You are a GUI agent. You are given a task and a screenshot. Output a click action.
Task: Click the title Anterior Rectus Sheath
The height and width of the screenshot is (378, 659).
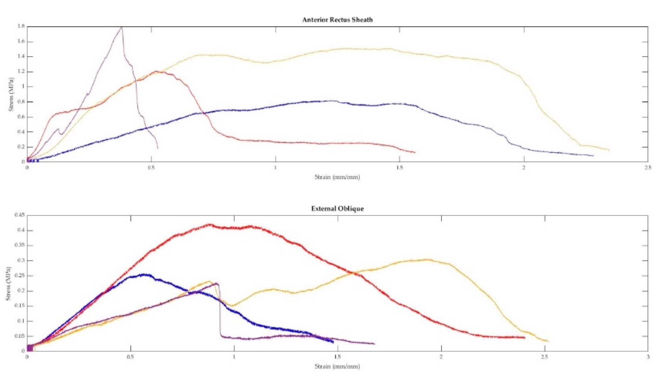click(337, 20)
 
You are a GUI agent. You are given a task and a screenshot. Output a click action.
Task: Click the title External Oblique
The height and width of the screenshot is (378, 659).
click(337, 209)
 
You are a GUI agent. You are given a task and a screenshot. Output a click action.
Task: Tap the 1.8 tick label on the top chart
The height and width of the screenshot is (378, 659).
click(21, 26)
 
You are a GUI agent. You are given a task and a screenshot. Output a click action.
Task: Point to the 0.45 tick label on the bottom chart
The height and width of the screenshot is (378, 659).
click(20, 215)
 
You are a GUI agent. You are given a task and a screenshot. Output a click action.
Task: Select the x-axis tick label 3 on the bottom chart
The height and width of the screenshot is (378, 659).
click(648, 357)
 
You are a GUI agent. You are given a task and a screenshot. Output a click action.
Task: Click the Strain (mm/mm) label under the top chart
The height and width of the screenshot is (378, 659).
click(337, 177)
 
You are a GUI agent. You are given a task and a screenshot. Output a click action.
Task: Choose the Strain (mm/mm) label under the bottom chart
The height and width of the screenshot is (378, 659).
click(337, 367)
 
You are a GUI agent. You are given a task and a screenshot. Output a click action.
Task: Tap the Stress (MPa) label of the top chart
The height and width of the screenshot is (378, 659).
click(11, 94)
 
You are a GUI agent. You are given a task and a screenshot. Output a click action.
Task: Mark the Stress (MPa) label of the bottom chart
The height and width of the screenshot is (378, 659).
click(8, 283)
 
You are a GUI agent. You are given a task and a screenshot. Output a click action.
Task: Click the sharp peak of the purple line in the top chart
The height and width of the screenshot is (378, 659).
click(122, 27)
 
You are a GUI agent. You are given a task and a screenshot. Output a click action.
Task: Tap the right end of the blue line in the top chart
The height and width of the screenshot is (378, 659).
click(593, 156)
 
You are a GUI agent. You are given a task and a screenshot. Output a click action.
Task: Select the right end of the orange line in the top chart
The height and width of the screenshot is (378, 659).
click(609, 150)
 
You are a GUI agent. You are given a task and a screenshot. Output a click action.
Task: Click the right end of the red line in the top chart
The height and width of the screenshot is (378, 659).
click(415, 152)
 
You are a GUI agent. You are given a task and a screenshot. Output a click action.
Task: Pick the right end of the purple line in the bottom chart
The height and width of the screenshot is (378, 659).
click(374, 344)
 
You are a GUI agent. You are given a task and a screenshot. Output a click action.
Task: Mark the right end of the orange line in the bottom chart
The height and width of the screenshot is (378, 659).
click(548, 341)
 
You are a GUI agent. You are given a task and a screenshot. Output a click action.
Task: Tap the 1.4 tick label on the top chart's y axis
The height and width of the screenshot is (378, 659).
click(21, 56)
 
